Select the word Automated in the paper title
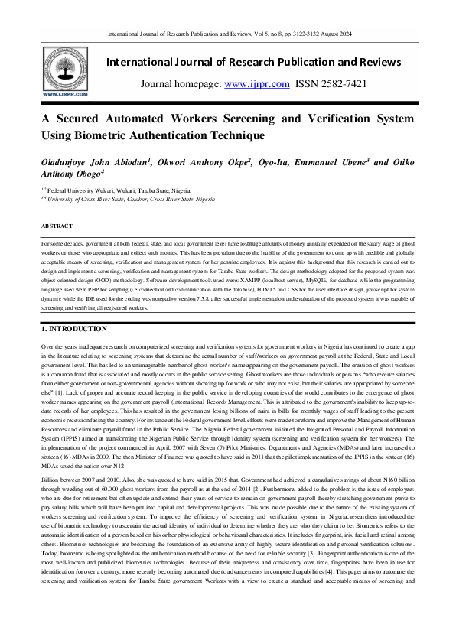click(x=138, y=119)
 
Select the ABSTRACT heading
click(x=58, y=226)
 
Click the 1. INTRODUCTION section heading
click(x=74, y=329)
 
